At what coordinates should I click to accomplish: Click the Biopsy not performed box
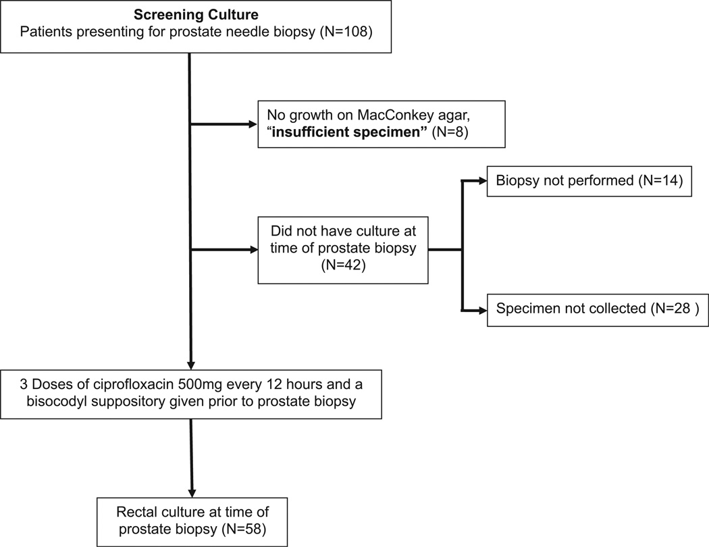(x=589, y=181)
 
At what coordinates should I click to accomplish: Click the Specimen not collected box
(x=598, y=309)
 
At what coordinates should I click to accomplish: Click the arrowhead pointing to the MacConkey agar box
(x=253, y=124)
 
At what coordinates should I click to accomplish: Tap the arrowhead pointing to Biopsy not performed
(x=483, y=181)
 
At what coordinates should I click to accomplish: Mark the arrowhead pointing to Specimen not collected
(x=483, y=310)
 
